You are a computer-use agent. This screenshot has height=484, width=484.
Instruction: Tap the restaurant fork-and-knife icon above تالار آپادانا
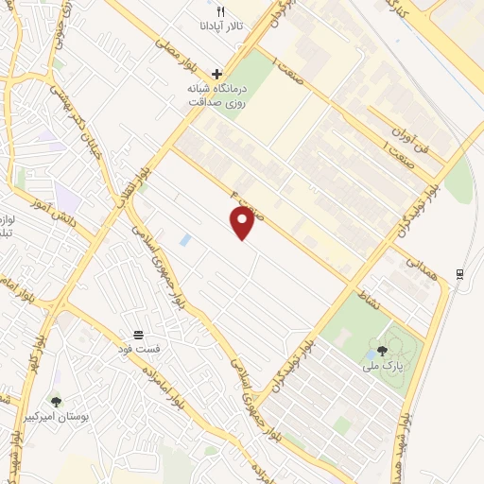pyautogui.click(x=220, y=11)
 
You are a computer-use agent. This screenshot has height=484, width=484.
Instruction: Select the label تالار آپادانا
pyautogui.click(x=220, y=26)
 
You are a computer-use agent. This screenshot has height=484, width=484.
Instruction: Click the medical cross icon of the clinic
pyautogui.click(x=217, y=74)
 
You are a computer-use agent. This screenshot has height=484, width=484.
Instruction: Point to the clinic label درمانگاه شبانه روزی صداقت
pyautogui.click(x=216, y=95)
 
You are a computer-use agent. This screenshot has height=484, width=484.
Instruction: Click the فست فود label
pyautogui.click(x=139, y=350)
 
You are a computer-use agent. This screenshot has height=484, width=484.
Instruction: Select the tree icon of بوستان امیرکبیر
pyautogui.click(x=56, y=401)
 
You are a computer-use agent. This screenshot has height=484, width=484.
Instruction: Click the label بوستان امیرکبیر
pyautogui.click(x=56, y=416)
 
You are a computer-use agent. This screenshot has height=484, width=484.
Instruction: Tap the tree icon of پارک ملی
pyautogui.click(x=383, y=350)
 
